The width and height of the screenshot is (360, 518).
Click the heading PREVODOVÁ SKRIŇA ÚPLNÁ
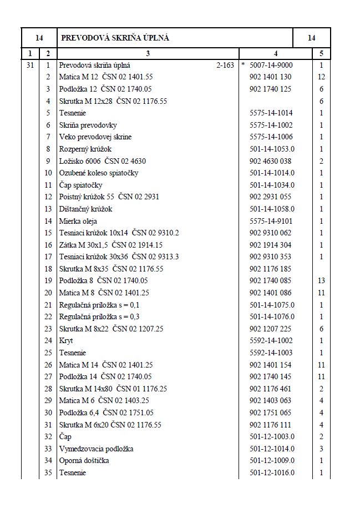[115, 38]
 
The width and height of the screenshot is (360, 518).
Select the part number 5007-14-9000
[271, 65]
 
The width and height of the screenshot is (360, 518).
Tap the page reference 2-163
[225, 65]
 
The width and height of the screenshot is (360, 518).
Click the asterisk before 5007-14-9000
[243, 65]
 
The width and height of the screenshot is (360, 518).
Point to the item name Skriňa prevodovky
[88, 125]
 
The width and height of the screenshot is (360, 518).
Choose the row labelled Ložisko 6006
[103, 161]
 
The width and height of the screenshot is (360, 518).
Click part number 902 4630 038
[270, 161]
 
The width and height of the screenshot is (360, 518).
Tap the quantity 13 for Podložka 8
[321, 280]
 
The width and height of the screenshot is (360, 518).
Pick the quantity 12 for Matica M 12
[321, 77]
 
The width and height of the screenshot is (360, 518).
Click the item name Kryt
[66, 340]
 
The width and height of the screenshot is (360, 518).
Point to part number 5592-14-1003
[271, 353]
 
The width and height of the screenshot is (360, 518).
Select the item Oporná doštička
[84, 460]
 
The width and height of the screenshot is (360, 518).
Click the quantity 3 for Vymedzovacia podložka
[321, 449]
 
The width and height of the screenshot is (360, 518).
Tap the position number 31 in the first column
[30, 65]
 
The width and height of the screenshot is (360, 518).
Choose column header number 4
[276, 53]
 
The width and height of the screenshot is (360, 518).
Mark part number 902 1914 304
[270, 245]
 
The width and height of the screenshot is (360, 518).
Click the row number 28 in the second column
[48, 389]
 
